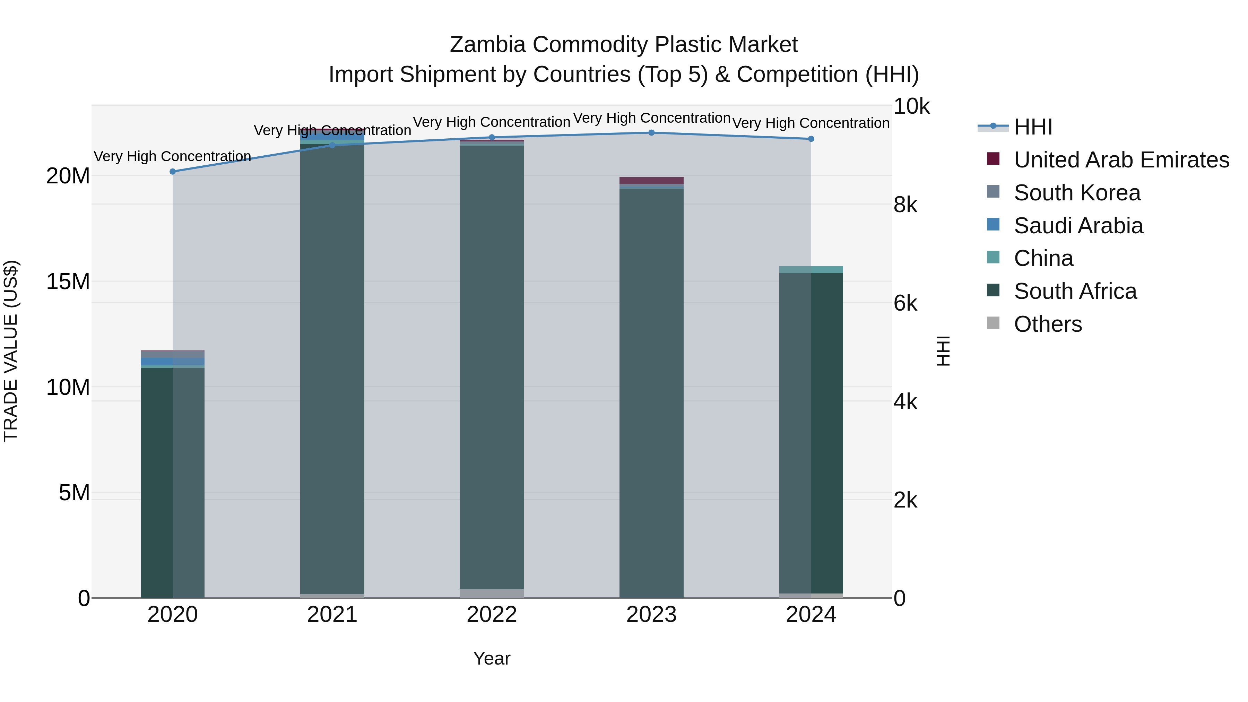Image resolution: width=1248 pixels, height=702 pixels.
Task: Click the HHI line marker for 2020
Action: click(173, 172)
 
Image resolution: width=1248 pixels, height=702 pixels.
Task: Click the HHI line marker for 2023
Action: click(651, 133)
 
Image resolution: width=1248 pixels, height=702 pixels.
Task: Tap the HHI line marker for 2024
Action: click(811, 139)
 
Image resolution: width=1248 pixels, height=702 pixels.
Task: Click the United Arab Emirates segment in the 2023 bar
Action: click(651, 181)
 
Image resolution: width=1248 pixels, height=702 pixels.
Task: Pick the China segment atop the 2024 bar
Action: click(811, 270)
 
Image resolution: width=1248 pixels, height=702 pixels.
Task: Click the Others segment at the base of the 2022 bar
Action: click(492, 593)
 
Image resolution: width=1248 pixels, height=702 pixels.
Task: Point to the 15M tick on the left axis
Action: click(68, 281)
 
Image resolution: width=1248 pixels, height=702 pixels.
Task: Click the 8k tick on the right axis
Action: click(905, 205)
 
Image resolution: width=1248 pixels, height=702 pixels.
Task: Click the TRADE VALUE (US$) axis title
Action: click(11, 351)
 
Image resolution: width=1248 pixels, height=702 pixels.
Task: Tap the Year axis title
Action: click(491, 658)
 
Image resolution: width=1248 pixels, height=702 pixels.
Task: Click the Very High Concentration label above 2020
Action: click(173, 156)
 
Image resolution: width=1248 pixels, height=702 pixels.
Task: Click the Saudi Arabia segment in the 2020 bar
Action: click(173, 362)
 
